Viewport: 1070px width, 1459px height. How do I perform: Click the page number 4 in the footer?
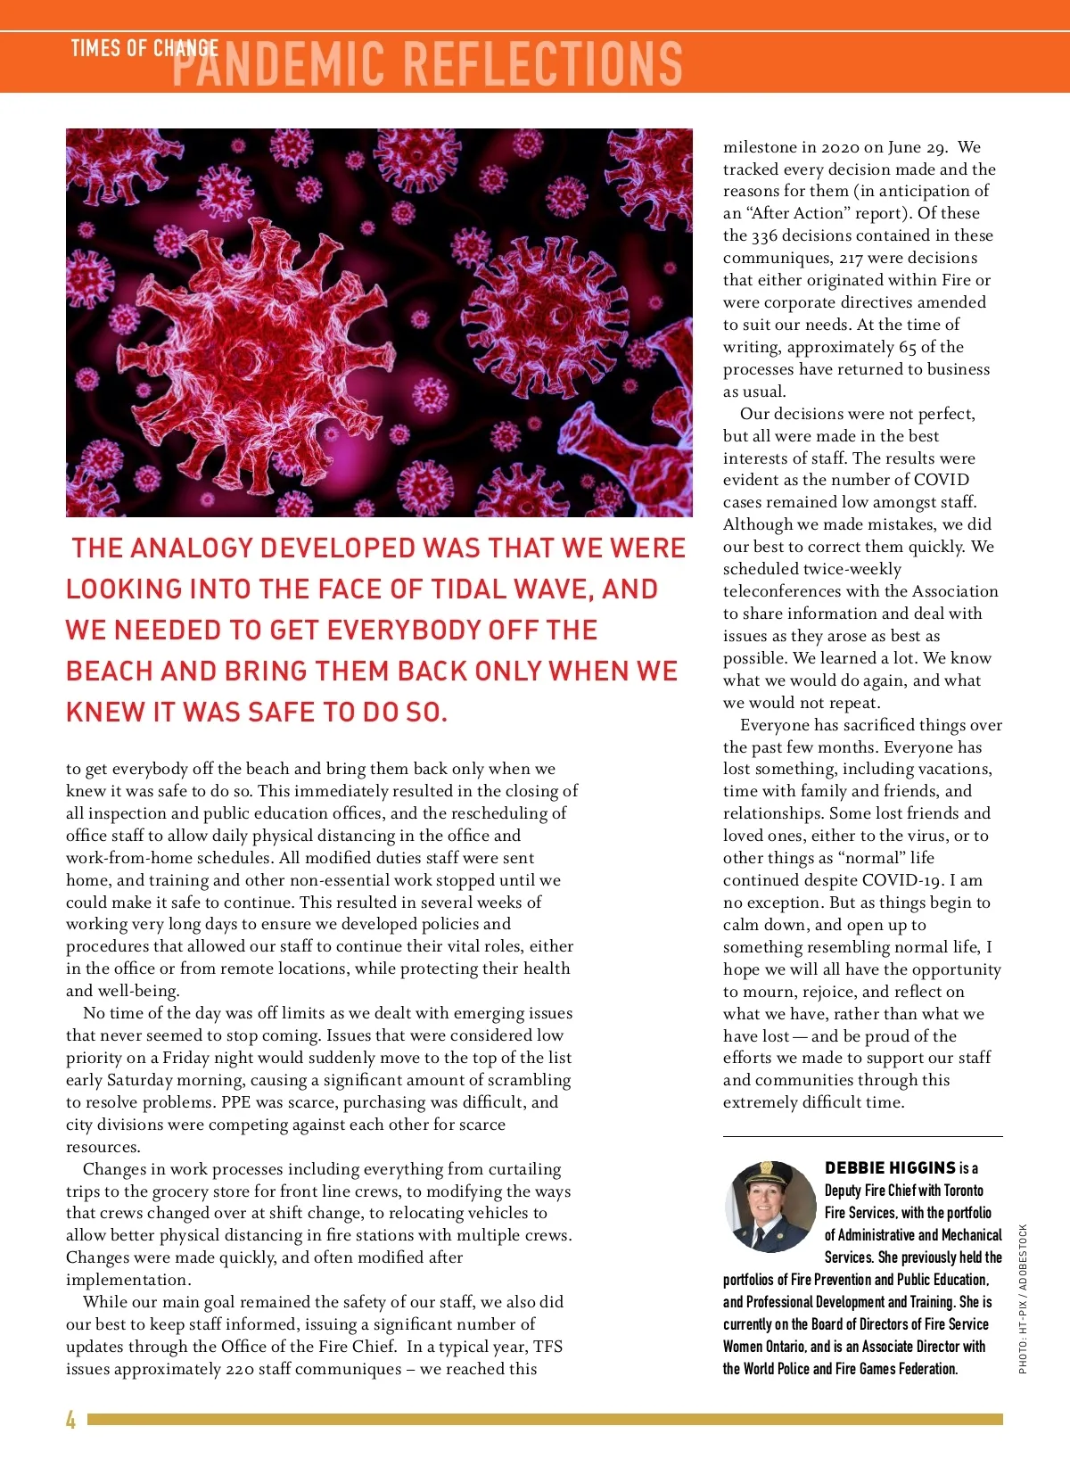point(70,1419)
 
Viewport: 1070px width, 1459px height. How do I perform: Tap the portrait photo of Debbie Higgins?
point(770,1207)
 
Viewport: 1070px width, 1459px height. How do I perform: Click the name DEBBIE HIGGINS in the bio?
point(890,1168)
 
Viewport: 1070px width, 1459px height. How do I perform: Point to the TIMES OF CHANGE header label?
point(144,48)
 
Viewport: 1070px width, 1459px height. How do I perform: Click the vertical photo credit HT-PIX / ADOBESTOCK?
point(1023,1298)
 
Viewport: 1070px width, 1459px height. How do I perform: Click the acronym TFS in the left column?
point(548,1347)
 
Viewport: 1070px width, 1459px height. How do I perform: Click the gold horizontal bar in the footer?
point(544,1419)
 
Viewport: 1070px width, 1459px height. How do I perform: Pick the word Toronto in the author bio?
point(963,1191)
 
